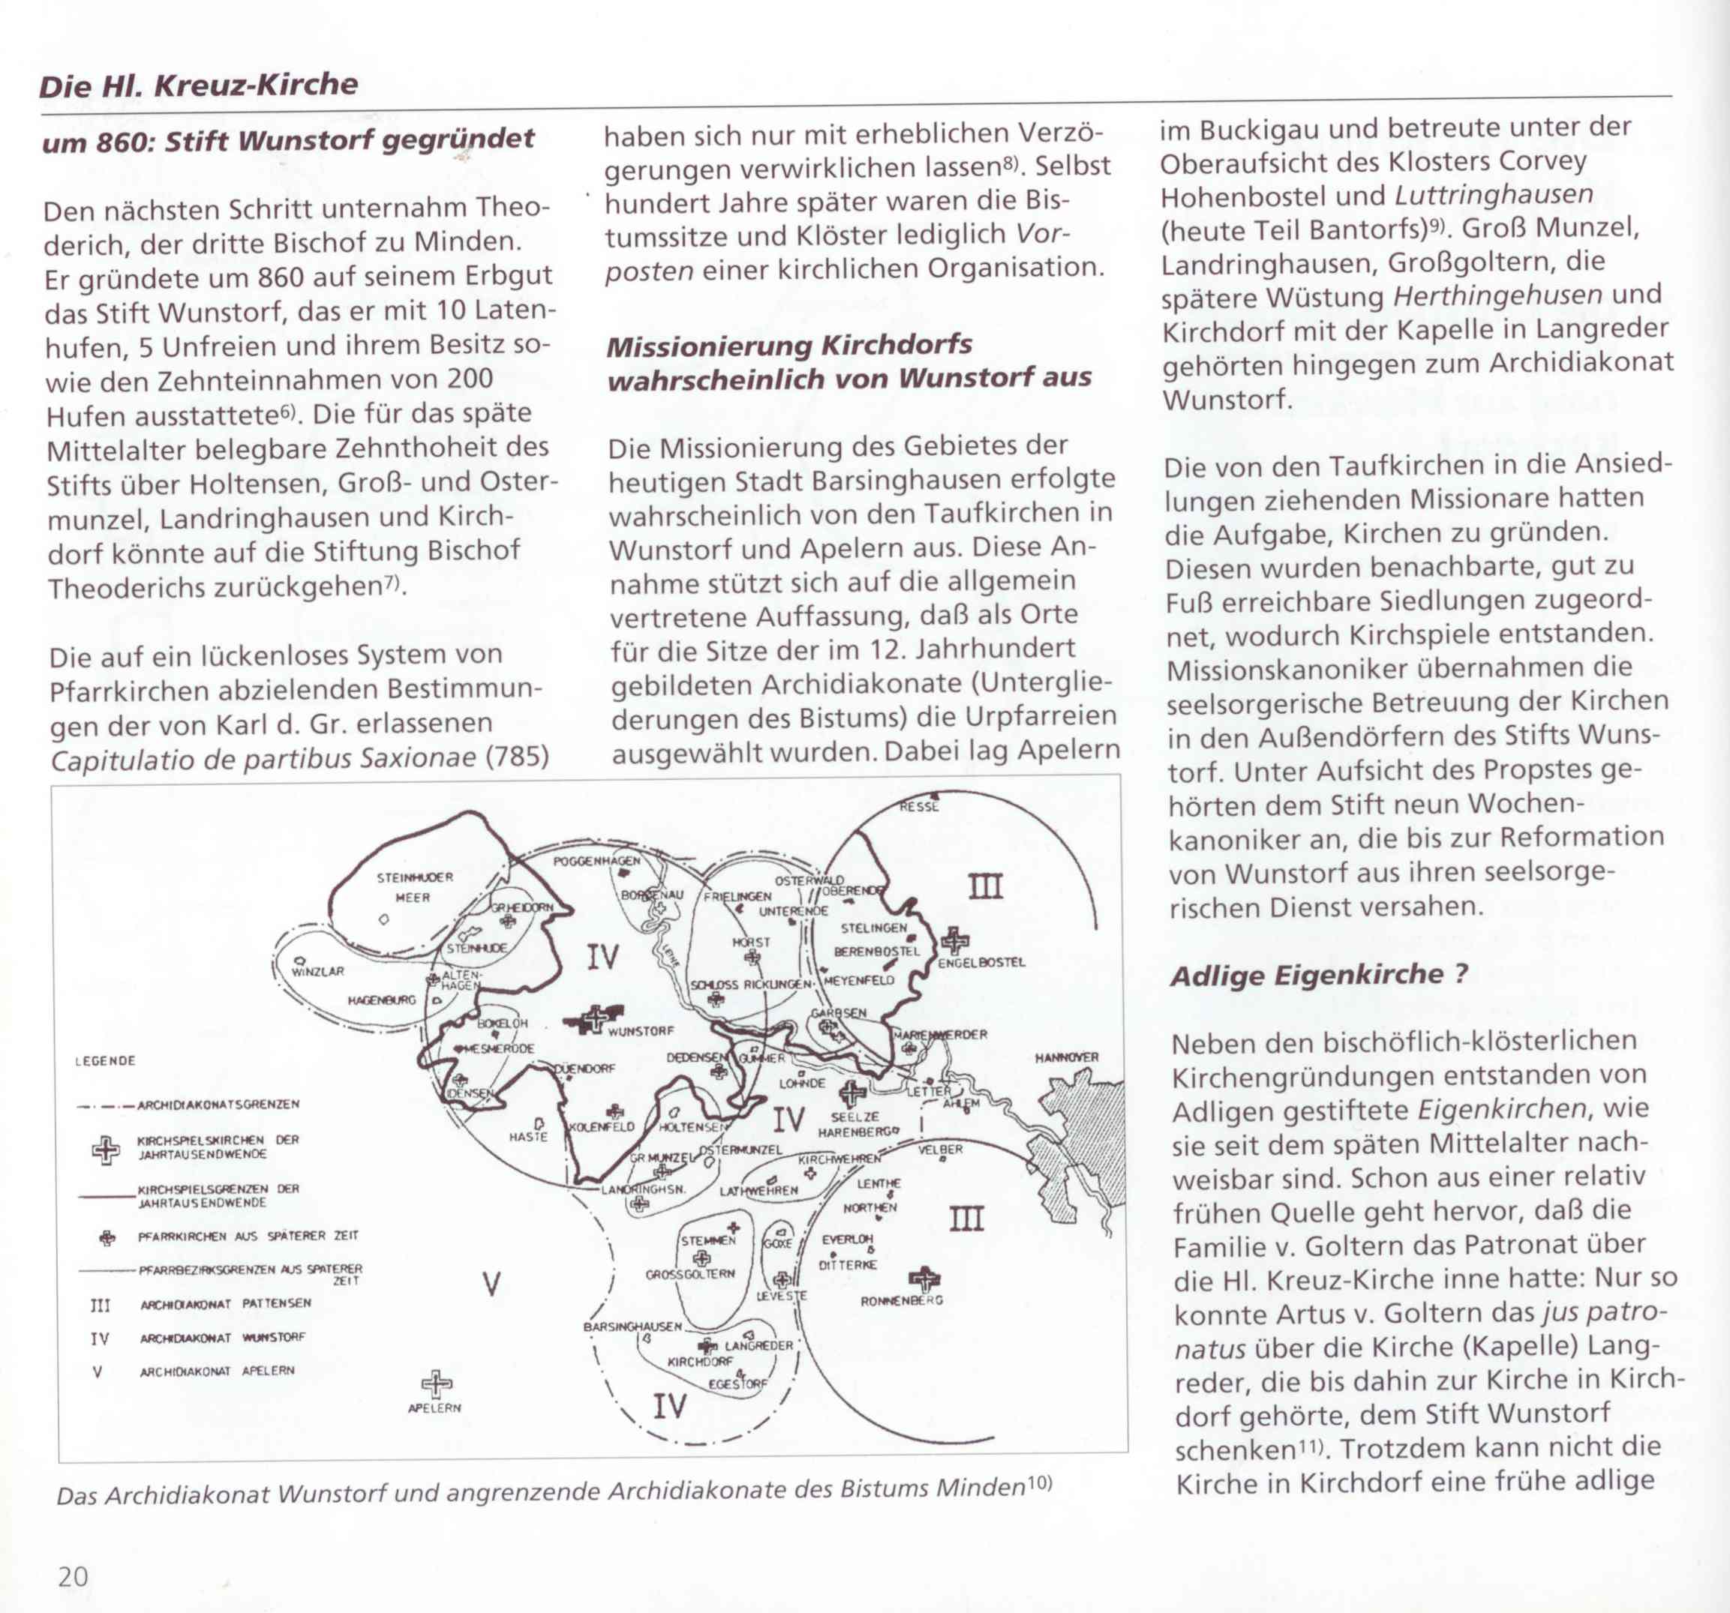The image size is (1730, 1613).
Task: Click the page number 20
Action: pos(73,1576)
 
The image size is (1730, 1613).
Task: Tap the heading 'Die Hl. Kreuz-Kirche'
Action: pos(197,85)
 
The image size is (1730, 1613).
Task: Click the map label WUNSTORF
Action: pos(641,1031)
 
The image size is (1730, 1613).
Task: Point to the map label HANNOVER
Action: pos(1066,1058)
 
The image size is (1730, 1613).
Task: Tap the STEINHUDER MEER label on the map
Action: pos(414,887)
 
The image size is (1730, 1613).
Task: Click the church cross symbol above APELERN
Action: pos(437,1383)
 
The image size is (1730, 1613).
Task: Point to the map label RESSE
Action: pos(919,807)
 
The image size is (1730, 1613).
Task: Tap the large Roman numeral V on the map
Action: pos(491,1283)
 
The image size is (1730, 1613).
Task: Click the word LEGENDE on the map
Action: pos(105,1061)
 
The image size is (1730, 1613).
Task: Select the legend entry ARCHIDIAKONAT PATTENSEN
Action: pos(225,1304)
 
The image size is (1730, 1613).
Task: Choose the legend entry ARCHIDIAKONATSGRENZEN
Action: pos(218,1105)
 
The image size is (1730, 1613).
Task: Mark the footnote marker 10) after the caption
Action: pos(1039,1483)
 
